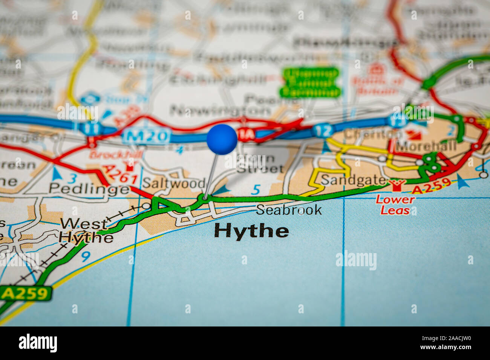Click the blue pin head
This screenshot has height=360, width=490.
[222, 139]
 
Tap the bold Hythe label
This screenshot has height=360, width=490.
[251, 231]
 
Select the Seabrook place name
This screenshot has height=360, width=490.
[289, 210]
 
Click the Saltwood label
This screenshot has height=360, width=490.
[174, 183]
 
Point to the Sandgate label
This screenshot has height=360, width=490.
[353, 180]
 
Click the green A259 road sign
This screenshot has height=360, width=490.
[26, 294]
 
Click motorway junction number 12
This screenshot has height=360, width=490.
[322, 131]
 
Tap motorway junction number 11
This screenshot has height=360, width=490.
[92, 129]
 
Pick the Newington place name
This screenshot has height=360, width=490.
[220, 110]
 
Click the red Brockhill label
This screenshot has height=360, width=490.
[116, 154]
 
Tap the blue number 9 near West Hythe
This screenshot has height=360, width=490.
[86, 256]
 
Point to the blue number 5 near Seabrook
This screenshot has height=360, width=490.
[256, 189]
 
